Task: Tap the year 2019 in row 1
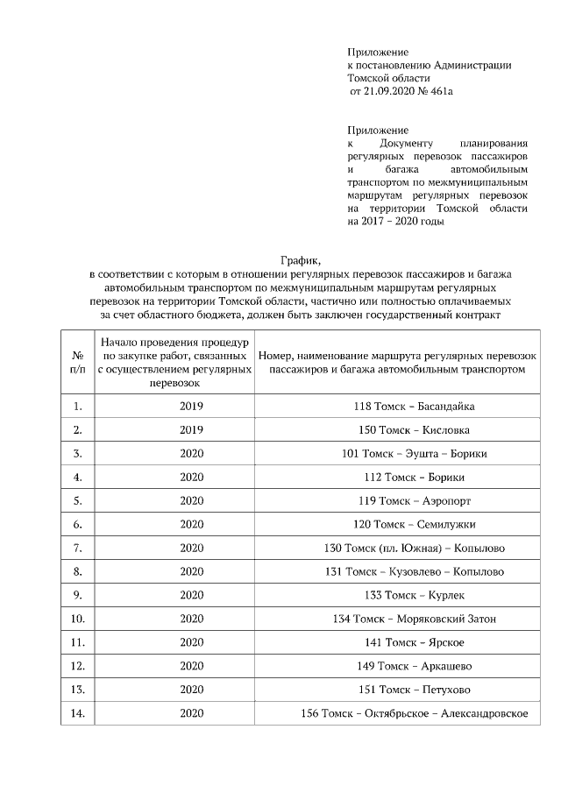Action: coord(191,407)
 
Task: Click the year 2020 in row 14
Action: coord(191,714)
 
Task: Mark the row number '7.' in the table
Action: coord(77,549)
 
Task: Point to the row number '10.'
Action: coord(77,620)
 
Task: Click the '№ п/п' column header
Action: coord(77,364)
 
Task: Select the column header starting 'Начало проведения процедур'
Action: coord(174,363)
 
